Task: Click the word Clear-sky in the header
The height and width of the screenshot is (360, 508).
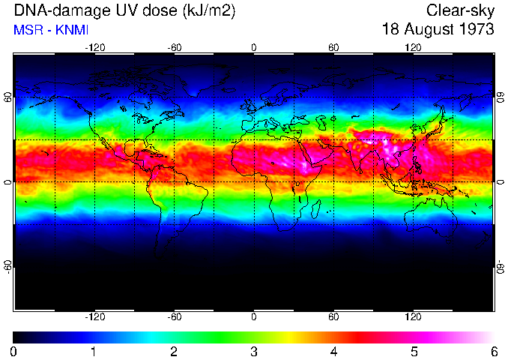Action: pyautogui.click(x=460, y=10)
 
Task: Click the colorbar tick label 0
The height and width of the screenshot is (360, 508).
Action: pyautogui.click(x=14, y=351)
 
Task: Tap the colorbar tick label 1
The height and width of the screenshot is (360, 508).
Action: pyautogui.click(x=94, y=351)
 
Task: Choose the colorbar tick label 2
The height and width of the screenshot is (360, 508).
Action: pyautogui.click(x=174, y=351)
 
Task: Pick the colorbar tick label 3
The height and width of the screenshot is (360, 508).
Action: pyautogui.click(x=254, y=351)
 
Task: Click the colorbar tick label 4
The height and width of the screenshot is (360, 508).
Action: pyautogui.click(x=333, y=351)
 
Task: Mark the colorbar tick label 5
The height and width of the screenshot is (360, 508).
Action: pyautogui.click(x=414, y=351)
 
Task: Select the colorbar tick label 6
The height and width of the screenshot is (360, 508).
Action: pyautogui.click(x=493, y=351)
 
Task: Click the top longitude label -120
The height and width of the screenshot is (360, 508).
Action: pyautogui.click(x=94, y=47)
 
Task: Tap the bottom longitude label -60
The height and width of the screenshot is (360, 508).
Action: pyautogui.click(x=175, y=316)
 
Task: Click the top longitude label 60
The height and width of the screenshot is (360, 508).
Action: pyautogui.click(x=334, y=47)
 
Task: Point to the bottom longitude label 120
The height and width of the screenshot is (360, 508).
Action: pyautogui.click(x=414, y=316)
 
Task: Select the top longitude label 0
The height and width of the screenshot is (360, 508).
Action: pyautogui.click(x=254, y=47)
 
